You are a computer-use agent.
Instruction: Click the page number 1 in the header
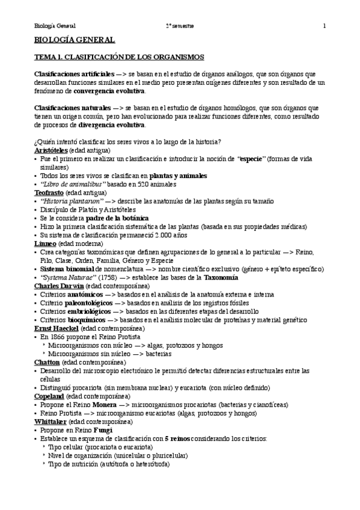[325, 26]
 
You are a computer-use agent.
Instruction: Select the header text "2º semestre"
[180, 26]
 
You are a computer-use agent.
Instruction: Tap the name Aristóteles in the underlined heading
[50, 150]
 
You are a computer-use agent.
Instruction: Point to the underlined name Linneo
[45, 243]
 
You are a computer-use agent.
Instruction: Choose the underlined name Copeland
[49, 396]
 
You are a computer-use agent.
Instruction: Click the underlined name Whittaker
[51, 422]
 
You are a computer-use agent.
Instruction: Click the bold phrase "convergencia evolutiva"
[109, 91]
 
